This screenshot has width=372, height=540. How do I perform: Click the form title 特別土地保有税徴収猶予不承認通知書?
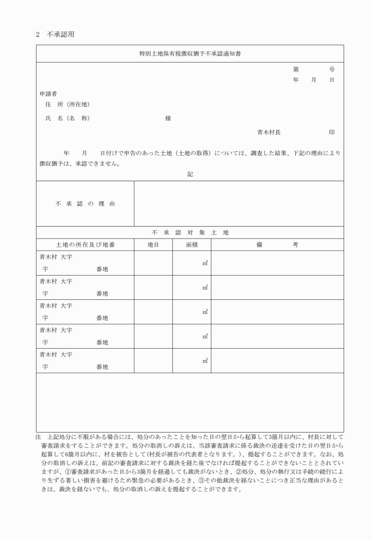tap(190, 54)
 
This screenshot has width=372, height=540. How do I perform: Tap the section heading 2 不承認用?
tap(55, 34)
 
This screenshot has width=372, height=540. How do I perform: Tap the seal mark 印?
tap(332, 132)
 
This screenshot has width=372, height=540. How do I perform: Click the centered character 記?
tap(190, 175)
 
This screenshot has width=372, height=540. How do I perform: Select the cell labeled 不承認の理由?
tap(86, 204)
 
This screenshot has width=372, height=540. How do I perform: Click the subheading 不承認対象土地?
tap(190, 233)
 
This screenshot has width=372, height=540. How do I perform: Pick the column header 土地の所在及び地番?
tap(85, 244)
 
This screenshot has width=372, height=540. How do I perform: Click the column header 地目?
tap(153, 244)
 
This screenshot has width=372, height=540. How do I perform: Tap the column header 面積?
tap(191, 244)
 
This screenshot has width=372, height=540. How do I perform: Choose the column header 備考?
tap(277, 244)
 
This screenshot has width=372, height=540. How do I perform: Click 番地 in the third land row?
tap(102, 318)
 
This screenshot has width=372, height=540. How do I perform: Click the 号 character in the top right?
tap(332, 69)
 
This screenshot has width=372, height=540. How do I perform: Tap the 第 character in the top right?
tap(295, 69)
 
